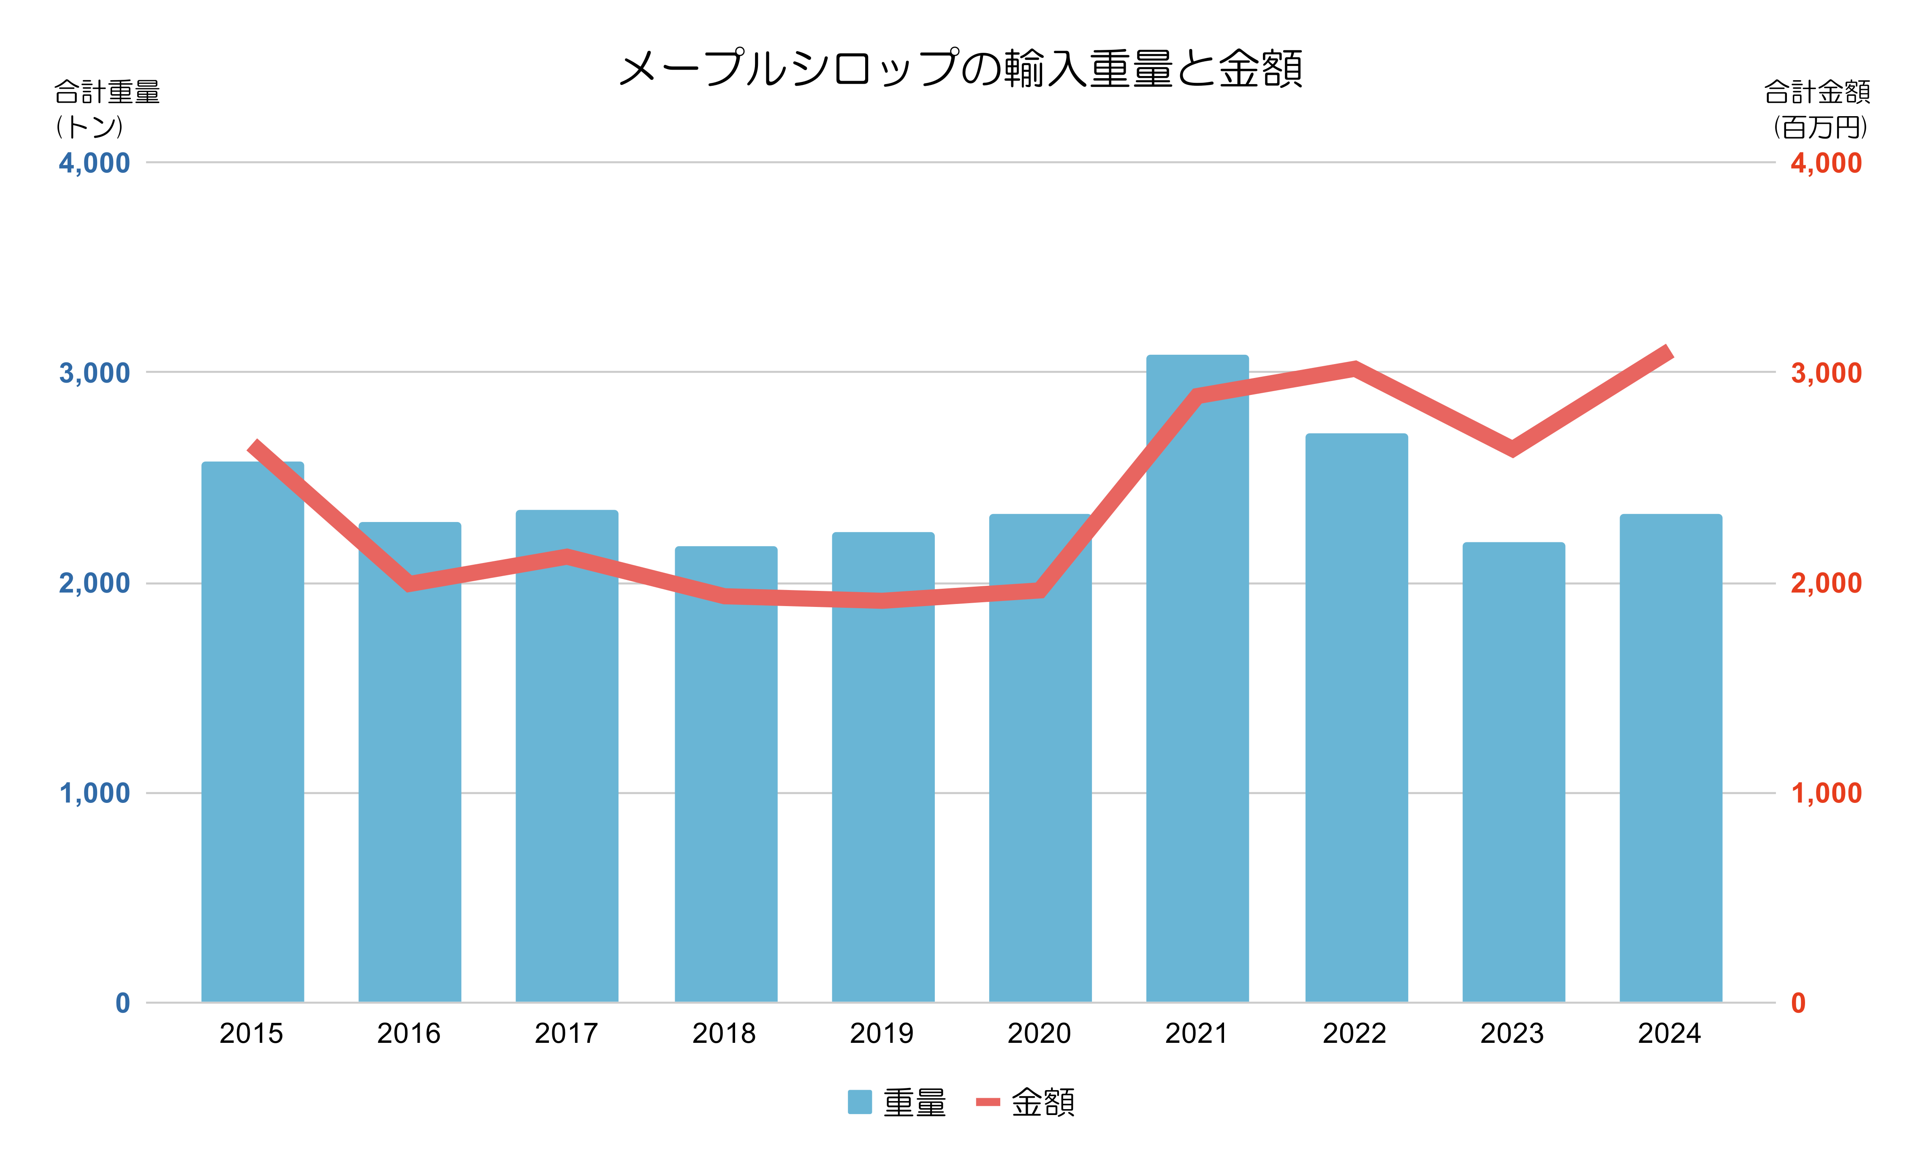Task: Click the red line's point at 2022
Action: pyautogui.click(x=1355, y=368)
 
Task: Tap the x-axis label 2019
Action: pyautogui.click(x=882, y=1034)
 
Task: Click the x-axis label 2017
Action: pyautogui.click(x=566, y=1034)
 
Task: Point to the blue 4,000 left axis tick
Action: pyautogui.click(x=95, y=163)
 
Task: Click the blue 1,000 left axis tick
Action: pyautogui.click(x=95, y=794)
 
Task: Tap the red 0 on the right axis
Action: pyautogui.click(x=1798, y=1004)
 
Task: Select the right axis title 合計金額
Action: pyautogui.click(x=1817, y=92)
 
